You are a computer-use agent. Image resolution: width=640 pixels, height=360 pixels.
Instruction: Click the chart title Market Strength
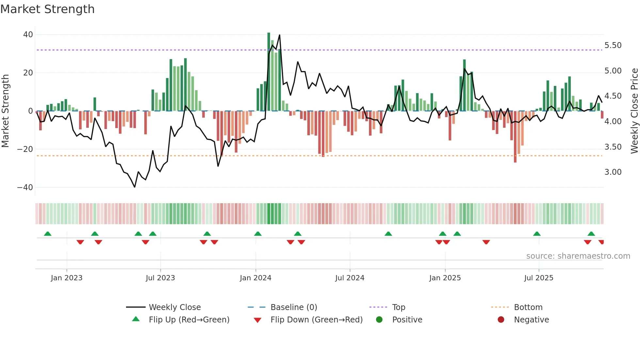(x=47, y=9)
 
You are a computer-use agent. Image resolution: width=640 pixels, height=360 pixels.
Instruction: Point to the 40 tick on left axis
(x=28, y=35)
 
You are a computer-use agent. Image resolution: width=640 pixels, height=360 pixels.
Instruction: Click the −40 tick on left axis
(x=25, y=188)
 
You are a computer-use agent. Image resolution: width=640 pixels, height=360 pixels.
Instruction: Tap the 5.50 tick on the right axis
(x=613, y=45)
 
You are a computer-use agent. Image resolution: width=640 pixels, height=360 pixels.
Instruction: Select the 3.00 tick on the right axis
(x=613, y=172)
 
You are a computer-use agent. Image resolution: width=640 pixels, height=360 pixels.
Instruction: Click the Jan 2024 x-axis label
(x=255, y=278)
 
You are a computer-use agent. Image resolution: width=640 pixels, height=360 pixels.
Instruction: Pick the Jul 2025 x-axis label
(x=538, y=278)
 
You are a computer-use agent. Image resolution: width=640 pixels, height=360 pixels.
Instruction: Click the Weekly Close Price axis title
(x=634, y=111)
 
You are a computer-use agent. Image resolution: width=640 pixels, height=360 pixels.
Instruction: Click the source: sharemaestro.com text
(x=578, y=256)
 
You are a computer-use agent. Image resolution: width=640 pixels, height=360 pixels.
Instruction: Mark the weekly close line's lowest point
(x=135, y=187)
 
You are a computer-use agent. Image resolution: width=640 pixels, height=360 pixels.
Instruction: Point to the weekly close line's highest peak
(x=280, y=35)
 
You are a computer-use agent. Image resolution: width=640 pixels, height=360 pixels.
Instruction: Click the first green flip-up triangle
(x=48, y=234)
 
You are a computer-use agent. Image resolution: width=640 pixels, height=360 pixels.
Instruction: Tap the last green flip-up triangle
(x=591, y=234)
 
